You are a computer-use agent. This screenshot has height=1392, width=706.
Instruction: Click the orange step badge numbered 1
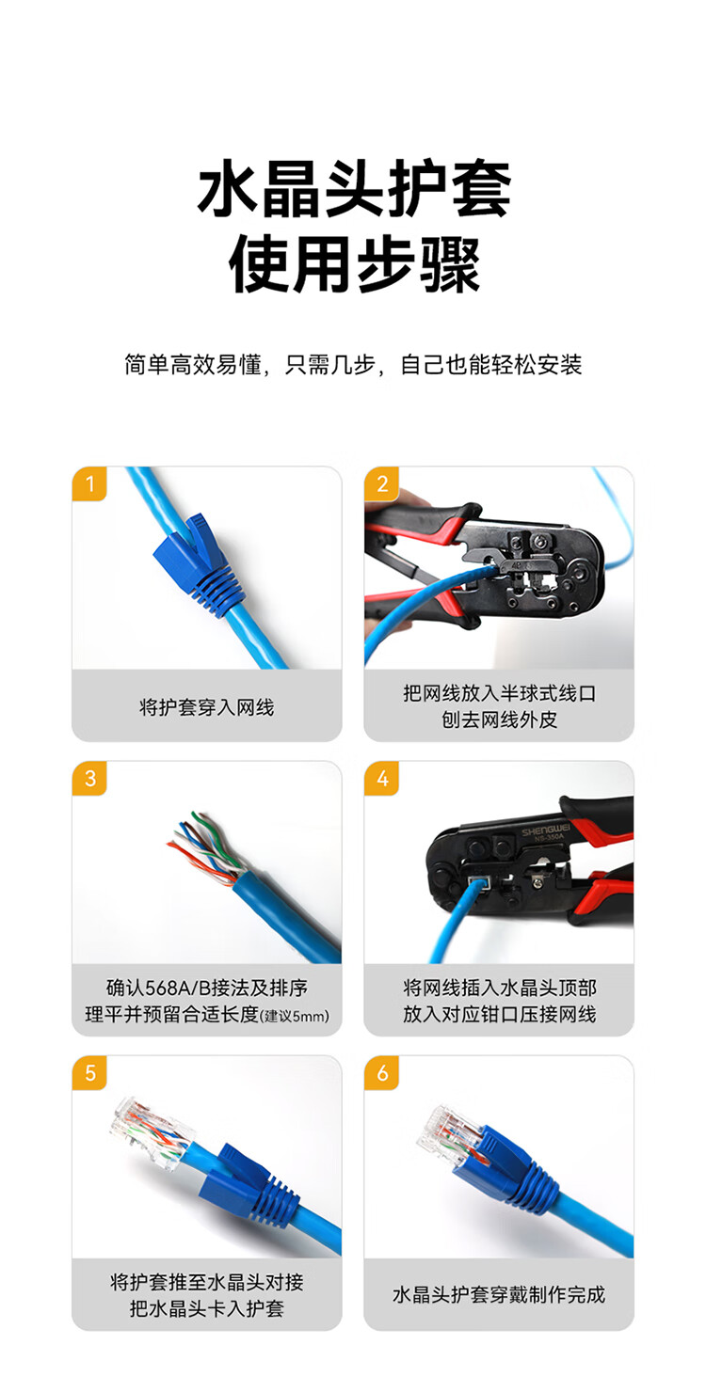89,483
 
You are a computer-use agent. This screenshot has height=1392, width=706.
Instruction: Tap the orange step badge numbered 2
381,483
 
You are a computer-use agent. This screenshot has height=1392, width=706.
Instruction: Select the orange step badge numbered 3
89,778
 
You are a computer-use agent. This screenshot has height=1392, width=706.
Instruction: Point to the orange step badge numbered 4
381,778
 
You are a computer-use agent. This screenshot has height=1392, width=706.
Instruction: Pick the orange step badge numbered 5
89,1072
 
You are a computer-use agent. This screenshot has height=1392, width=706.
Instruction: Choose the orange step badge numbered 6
381,1072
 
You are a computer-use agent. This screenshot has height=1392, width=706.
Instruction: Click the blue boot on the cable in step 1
197,565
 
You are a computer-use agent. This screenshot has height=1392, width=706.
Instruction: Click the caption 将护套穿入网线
206,707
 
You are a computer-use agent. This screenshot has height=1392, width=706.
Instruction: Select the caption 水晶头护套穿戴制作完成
499,1295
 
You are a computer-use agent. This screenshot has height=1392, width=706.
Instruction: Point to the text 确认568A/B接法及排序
206,988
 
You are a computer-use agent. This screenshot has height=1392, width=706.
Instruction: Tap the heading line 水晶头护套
353,188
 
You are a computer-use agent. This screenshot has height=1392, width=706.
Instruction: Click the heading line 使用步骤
353,265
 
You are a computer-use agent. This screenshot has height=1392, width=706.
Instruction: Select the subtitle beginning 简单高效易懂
353,365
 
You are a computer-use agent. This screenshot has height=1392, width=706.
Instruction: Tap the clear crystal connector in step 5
152,1134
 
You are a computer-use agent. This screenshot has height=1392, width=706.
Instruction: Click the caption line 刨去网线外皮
499,720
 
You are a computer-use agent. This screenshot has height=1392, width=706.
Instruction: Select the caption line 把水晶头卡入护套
206,1308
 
